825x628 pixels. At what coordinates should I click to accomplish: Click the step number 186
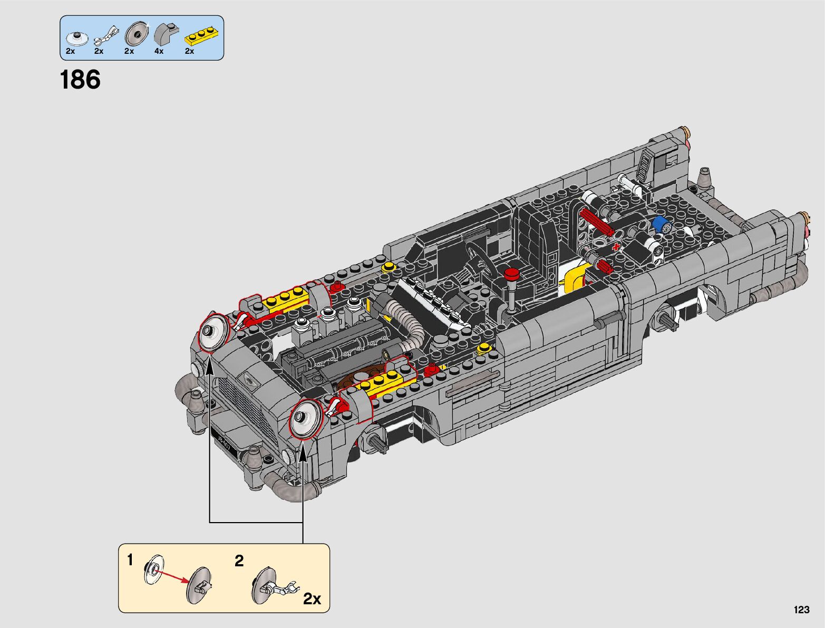click(80, 79)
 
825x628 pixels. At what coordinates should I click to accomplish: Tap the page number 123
click(801, 610)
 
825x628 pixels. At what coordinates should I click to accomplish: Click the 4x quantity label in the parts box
click(159, 51)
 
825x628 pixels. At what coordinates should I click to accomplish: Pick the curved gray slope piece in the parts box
click(167, 34)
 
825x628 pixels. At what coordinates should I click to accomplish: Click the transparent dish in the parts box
click(76, 38)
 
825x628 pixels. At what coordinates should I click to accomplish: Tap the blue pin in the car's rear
click(662, 224)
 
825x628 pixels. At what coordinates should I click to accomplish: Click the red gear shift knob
click(511, 274)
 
